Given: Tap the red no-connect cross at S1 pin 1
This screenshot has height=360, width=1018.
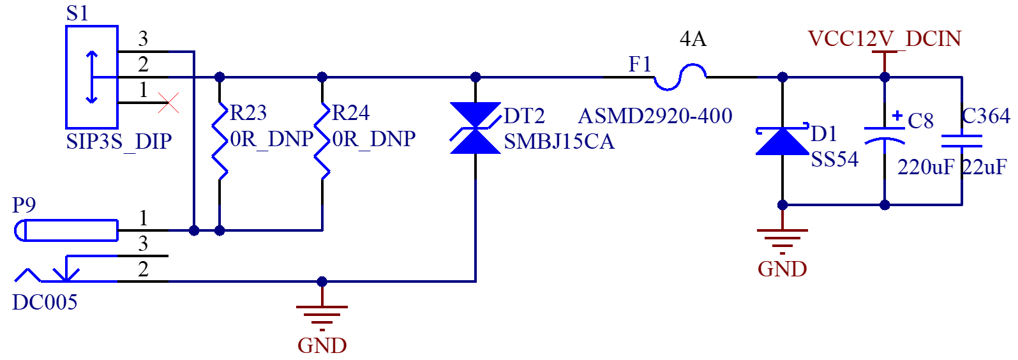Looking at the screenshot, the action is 168,103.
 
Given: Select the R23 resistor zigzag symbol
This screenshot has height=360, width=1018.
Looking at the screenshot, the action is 220,141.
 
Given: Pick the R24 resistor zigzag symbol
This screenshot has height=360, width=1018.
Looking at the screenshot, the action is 322,141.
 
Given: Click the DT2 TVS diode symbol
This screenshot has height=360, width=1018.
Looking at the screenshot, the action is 475,128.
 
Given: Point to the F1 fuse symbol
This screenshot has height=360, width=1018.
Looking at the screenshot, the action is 680,77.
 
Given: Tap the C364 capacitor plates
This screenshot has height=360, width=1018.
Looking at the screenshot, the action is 962,141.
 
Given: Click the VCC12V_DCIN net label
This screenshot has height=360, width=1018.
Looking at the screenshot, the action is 885,39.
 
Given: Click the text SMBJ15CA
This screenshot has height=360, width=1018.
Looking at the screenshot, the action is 559,142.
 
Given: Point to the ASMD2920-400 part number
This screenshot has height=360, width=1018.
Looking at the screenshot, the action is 655,116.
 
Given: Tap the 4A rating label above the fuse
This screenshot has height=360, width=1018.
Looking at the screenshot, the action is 693,39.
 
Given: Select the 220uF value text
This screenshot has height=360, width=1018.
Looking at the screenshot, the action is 925,167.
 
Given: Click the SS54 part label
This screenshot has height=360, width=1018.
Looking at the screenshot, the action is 835,160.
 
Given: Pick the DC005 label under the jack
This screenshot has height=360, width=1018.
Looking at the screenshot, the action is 45,303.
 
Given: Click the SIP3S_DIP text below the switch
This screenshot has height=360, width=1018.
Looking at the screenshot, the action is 119,142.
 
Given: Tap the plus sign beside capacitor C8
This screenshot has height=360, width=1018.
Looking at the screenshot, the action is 897,116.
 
